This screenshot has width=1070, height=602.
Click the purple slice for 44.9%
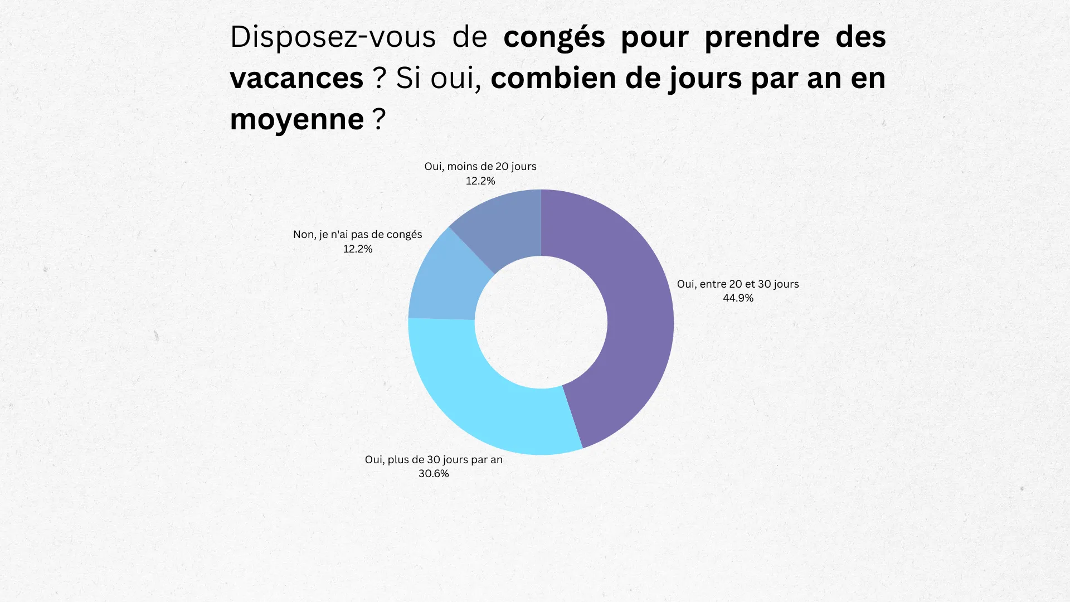pyautogui.click(x=635, y=312)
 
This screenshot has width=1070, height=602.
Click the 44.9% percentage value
pyautogui.click(x=738, y=298)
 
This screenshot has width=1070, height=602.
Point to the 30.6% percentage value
pyautogui.click(x=434, y=474)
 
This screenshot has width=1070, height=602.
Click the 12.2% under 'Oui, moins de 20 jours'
pyautogui.click(x=480, y=181)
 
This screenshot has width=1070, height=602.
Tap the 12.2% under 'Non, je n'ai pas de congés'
pyautogui.click(x=358, y=249)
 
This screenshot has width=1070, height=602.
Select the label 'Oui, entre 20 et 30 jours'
pyautogui.click(x=738, y=284)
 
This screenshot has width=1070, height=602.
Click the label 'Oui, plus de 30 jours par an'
pyautogui.click(x=434, y=460)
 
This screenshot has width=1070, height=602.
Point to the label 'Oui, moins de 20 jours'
pyautogui.click(x=480, y=167)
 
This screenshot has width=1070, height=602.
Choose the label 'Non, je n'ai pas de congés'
pyautogui.click(x=358, y=235)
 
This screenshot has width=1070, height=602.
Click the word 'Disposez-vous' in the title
pyautogui.click(x=333, y=37)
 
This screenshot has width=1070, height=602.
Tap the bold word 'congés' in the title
pyautogui.click(x=554, y=37)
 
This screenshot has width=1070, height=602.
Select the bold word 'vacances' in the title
pyautogui.click(x=296, y=78)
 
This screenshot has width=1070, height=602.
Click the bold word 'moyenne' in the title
pyautogui.click(x=296, y=119)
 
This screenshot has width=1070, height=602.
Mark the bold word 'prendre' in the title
pyautogui.click(x=762, y=37)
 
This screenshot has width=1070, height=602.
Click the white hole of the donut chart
pyautogui.click(x=541, y=322)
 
